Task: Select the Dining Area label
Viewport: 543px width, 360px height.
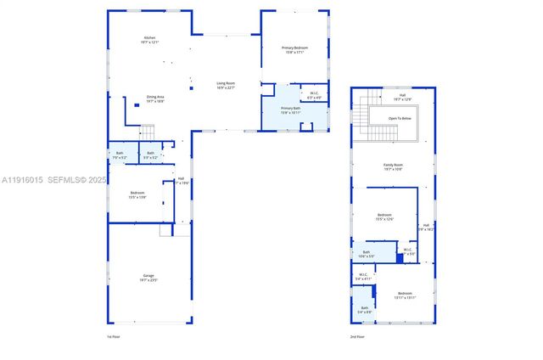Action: [154, 98]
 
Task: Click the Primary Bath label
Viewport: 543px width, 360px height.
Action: [291, 110]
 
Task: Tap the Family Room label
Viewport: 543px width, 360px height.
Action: [393, 167]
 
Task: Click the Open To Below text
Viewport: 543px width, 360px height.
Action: [400, 118]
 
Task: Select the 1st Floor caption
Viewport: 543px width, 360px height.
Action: [113, 337]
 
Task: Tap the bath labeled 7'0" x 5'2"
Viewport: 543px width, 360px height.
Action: [120, 155]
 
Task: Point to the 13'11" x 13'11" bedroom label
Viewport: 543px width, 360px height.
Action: [405, 295]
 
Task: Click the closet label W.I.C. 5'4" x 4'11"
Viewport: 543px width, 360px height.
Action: [362, 276]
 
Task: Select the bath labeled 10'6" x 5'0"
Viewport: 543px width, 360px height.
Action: [367, 254]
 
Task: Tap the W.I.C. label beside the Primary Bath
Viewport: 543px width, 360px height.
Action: [314, 96]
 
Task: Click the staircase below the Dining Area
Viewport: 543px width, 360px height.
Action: [148, 132]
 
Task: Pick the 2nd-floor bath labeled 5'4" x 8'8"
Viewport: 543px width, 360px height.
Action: [364, 310]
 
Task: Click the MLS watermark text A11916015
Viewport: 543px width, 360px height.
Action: [22, 180]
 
